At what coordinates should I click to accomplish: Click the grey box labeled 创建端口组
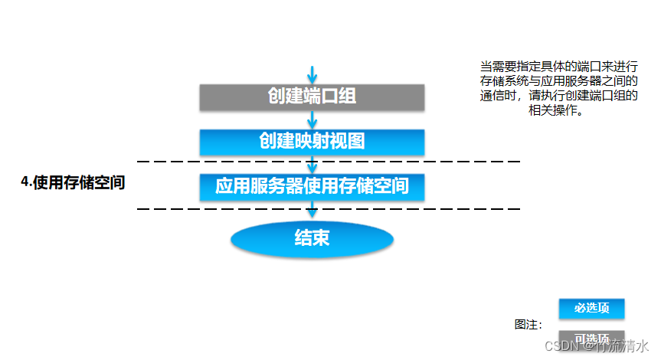click(x=312, y=96)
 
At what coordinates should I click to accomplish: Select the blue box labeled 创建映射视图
click(x=312, y=142)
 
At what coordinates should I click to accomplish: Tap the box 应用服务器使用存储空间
click(x=312, y=186)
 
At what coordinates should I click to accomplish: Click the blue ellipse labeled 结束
click(x=312, y=238)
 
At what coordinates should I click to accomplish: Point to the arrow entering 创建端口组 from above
click(x=312, y=74)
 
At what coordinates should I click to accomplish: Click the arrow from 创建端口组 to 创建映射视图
click(x=312, y=119)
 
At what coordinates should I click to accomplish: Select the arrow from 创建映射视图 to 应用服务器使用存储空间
click(x=312, y=165)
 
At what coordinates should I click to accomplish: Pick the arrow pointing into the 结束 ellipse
click(x=312, y=211)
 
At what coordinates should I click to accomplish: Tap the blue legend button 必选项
click(x=591, y=308)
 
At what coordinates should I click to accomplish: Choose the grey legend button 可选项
click(x=591, y=339)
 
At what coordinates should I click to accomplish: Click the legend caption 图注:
click(x=528, y=324)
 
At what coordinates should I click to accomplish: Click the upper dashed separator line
click(x=230, y=162)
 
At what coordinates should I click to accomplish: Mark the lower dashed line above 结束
click(x=230, y=208)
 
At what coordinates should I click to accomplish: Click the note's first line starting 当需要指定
click(x=558, y=67)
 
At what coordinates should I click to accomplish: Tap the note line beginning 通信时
click(x=558, y=96)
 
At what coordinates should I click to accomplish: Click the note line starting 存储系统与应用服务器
click(x=558, y=81)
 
